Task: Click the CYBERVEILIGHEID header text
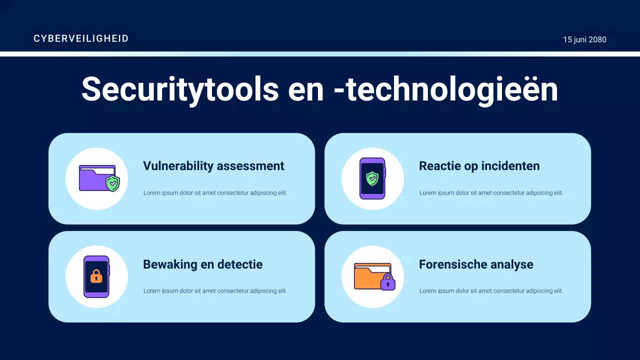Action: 81,38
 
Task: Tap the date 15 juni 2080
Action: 584,39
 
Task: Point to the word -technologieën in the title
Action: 445,89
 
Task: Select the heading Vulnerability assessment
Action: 213,166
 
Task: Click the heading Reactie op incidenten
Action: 479,166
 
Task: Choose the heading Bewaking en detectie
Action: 202,264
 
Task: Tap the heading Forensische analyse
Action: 476,264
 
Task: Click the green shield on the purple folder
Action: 113,183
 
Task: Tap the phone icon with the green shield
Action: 372,178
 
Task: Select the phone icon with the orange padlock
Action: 96,276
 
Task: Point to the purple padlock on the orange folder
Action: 387,282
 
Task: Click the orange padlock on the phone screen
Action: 96,276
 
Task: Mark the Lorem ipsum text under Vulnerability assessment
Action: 215,193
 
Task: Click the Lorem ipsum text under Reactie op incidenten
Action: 491,193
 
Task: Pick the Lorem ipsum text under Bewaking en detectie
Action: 215,291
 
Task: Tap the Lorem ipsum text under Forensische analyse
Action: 491,291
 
